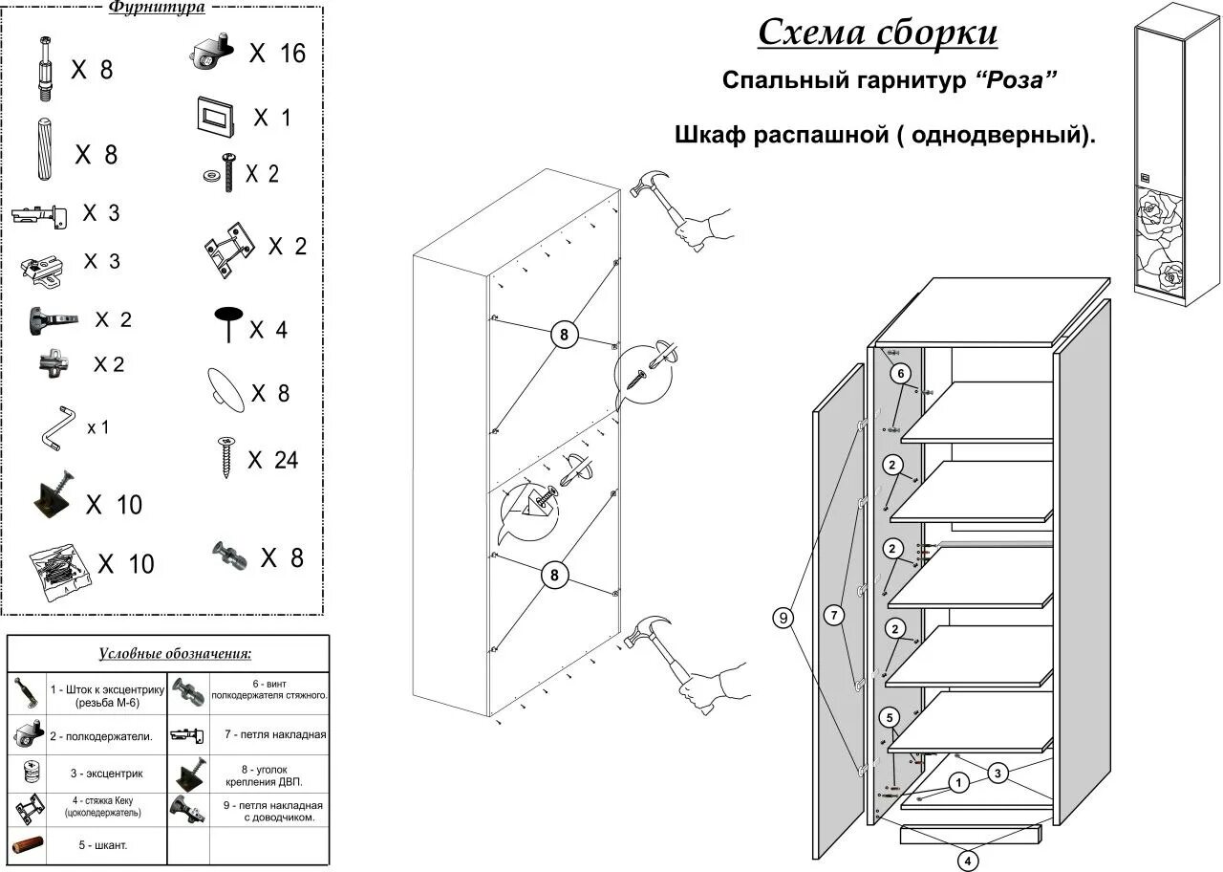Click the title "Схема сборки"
pyautogui.click(x=877, y=33)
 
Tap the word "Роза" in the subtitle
pyautogui.click(x=1016, y=80)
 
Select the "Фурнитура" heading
pyautogui.click(x=156, y=8)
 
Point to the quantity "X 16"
pyautogui.click(x=277, y=54)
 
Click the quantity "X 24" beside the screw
pyautogui.click(x=272, y=460)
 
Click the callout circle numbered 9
pyautogui.click(x=783, y=618)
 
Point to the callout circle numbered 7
pyautogui.click(x=835, y=616)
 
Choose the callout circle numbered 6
pyautogui.click(x=902, y=373)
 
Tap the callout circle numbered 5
pyautogui.click(x=889, y=717)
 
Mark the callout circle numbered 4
pyautogui.click(x=968, y=861)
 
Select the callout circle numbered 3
pyautogui.click(x=998, y=773)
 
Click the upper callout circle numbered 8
pyautogui.click(x=564, y=335)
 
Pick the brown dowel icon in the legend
pyautogui.click(x=29, y=845)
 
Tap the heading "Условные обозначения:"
pyautogui.click(x=175, y=654)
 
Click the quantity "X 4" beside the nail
pyautogui.click(x=268, y=331)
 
